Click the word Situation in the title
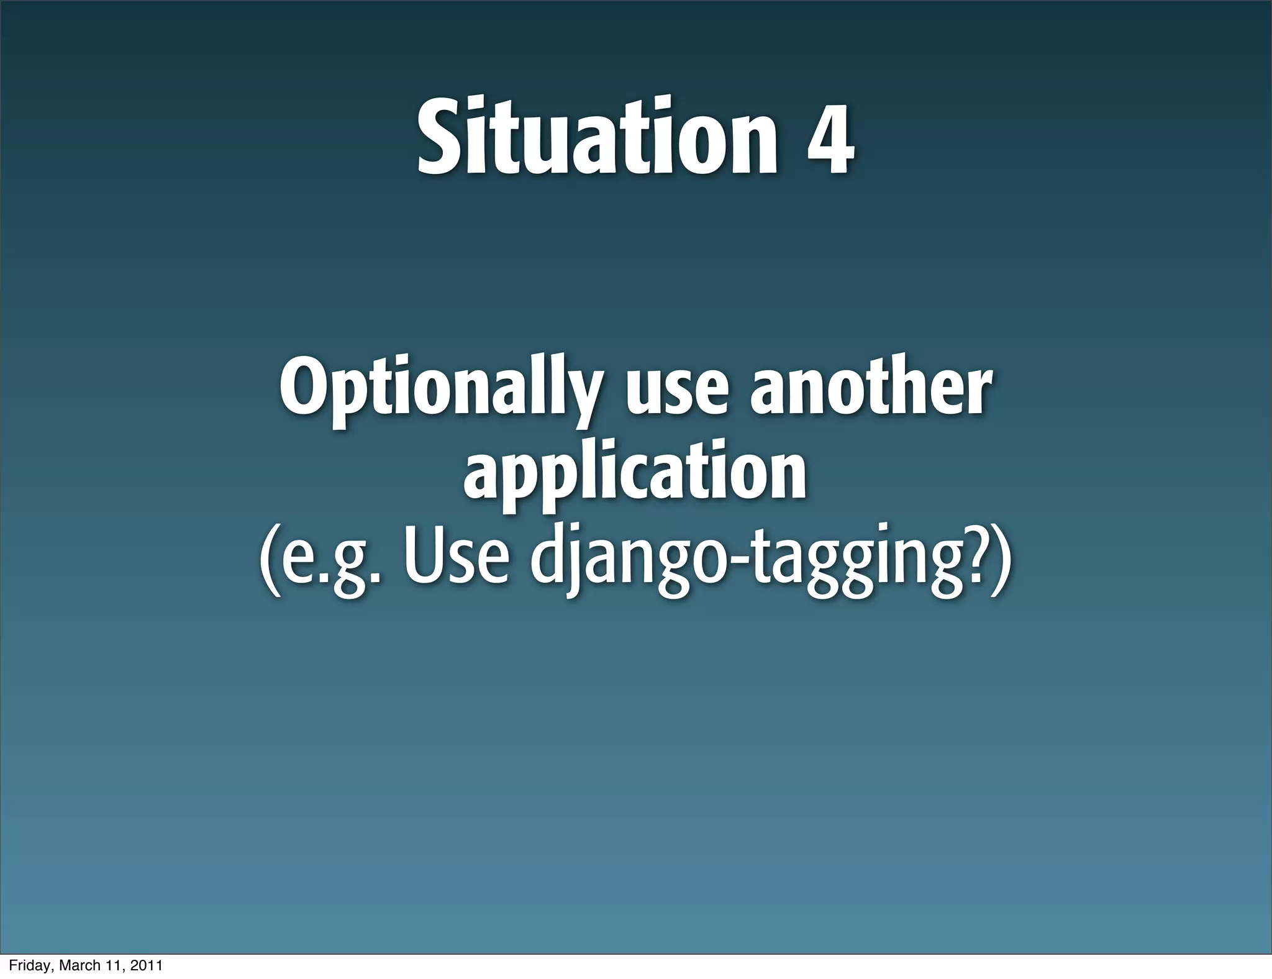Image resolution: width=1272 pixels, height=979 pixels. pos(596,137)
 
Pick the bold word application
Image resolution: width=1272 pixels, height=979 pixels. pos(635,475)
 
